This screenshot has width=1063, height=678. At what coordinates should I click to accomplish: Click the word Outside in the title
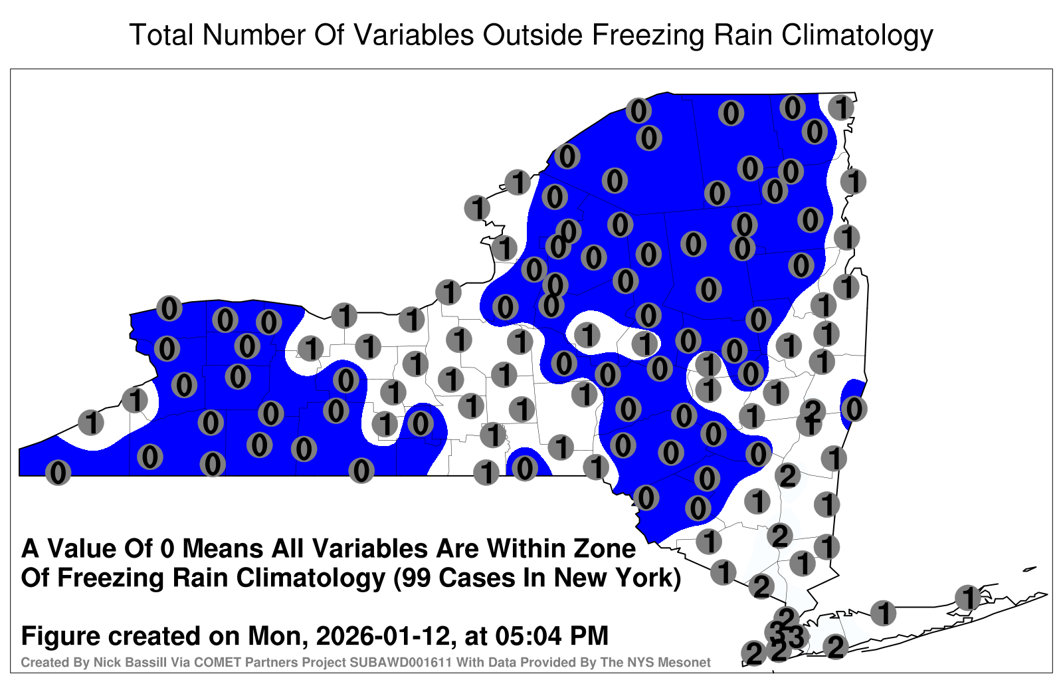coord(532,35)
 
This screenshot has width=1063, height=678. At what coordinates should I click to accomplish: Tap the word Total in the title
coord(161,35)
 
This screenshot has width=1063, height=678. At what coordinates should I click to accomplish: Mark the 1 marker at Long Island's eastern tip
coord(967,598)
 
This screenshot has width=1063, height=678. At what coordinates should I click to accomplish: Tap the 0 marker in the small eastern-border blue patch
coord(854,409)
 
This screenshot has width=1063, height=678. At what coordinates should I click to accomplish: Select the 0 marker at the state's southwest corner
coord(58,473)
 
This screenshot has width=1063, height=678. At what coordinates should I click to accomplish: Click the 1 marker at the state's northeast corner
coord(841,107)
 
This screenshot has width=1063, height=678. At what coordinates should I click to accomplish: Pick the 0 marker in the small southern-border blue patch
coord(524,469)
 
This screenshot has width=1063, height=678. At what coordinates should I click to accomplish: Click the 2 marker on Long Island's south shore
coord(835,647)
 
